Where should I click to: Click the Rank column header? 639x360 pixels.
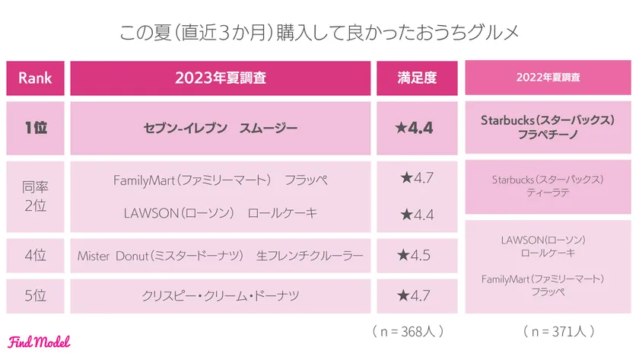click(34, 78)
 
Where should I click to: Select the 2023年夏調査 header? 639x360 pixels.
click(221, 78)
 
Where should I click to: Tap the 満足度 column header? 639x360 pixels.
click(416, 78)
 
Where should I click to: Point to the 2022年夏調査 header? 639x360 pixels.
click(548, 78)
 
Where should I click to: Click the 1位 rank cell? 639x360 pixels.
click(34, 128)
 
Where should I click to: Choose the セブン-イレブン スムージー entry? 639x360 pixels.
click(221, 128)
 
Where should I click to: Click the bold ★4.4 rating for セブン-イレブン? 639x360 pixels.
click(416, 128)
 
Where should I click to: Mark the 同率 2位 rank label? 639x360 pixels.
click(34, 196)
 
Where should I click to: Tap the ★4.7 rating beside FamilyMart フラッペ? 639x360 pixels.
click(416, 179)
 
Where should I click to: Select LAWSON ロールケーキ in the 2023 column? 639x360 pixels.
click(221, 215)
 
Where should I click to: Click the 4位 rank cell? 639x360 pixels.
click(34, 256)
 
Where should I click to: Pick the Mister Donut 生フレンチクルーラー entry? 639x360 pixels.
click(221, 256)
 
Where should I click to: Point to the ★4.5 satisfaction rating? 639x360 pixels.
click(416, 256)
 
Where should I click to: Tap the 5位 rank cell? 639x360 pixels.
click(34, 295)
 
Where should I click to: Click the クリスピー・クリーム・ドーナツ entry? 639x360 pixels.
click(221, 295)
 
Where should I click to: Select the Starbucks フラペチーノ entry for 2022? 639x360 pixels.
click(548, 128)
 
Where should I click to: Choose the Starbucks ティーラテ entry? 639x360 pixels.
click(548, 186)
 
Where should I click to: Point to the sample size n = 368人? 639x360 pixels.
click(409, 332)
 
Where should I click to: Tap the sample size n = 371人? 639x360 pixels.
click(559, 332)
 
